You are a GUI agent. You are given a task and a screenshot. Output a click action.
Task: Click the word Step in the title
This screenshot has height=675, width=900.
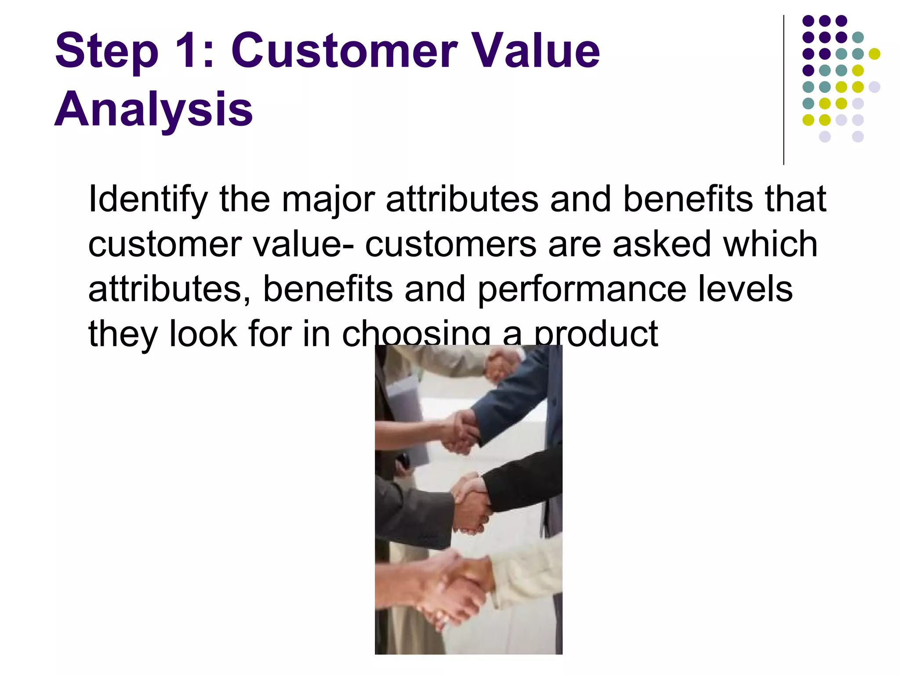(106, 52)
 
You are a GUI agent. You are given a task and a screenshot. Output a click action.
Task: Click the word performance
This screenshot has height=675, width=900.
(582, 290)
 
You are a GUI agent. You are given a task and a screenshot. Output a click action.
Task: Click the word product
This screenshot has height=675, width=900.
(596, 335)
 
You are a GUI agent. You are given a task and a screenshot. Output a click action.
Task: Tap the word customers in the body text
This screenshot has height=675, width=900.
(450, 245)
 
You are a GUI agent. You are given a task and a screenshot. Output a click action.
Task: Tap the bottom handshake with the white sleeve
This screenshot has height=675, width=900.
(457, 589)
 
